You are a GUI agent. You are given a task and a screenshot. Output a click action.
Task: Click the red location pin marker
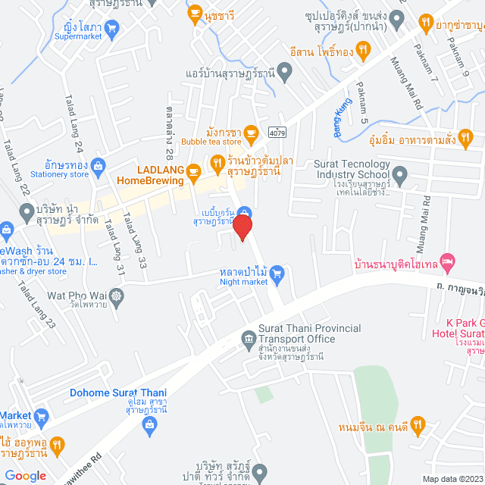[242, 227]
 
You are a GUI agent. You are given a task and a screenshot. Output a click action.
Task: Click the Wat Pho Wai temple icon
[116, 295]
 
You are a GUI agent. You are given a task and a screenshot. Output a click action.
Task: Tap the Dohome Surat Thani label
[117, 393]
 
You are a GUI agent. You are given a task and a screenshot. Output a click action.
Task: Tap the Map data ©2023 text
[451, 478]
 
